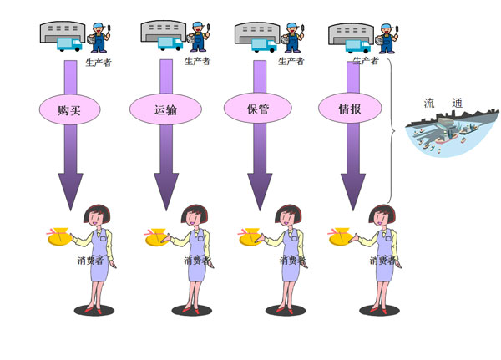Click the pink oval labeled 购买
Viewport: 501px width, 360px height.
click(x=69, y=109)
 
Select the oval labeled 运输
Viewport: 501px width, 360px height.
click(x=165, y=109)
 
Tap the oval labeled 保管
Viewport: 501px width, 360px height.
click(x=257, y=108)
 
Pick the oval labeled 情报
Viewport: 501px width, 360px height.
click(x=350, y=108)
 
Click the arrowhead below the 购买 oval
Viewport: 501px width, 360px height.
click(x=70, y=191)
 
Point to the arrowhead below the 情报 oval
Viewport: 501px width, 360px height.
click(x=353, y=191)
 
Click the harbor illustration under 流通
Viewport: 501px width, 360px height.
click(x=452, y=134)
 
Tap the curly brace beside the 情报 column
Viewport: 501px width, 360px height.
click(x=391, y=131)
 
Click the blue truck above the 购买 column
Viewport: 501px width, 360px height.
click(x=69, y=44)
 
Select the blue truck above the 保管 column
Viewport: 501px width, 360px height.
click(x=264, y=45)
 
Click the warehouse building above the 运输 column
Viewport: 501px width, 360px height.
click(x=164, y=31)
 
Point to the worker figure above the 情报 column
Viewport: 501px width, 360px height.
click(x=387, y=38)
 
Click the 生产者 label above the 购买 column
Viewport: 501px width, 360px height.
click(x=99, y=63)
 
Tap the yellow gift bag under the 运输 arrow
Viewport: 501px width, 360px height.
click(x=157, y=237)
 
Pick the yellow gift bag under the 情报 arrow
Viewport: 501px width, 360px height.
click(x=341, y=236)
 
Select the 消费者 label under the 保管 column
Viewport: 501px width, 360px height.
click(x=293, y=261)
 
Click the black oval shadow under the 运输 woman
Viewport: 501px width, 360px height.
click(x=192, y=310)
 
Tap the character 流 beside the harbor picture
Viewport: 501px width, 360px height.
click(x=429, y=103)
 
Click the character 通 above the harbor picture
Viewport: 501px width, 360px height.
click(x=457, y=103)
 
